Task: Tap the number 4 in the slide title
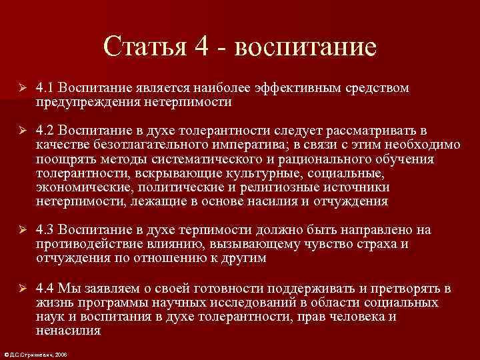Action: tap(203, 47)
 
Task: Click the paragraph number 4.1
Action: tap(45, 89)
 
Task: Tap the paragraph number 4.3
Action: tap(45, 230)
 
